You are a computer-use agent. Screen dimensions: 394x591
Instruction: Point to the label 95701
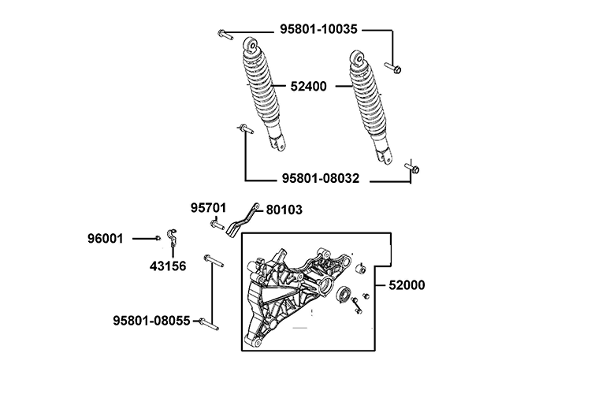[x=208, y=208]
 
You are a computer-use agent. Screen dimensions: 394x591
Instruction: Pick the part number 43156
[x=167, y=266]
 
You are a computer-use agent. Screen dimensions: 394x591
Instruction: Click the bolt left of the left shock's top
[x=224, y=34]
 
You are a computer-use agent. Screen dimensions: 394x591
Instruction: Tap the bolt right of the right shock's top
[x=393, y=68]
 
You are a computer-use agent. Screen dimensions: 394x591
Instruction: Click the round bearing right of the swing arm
[x=344, y=295]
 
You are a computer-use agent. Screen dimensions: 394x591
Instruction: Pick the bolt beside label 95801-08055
[x=209, y=322]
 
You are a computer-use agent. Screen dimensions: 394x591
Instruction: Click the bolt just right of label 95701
[x=218, y=226]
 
